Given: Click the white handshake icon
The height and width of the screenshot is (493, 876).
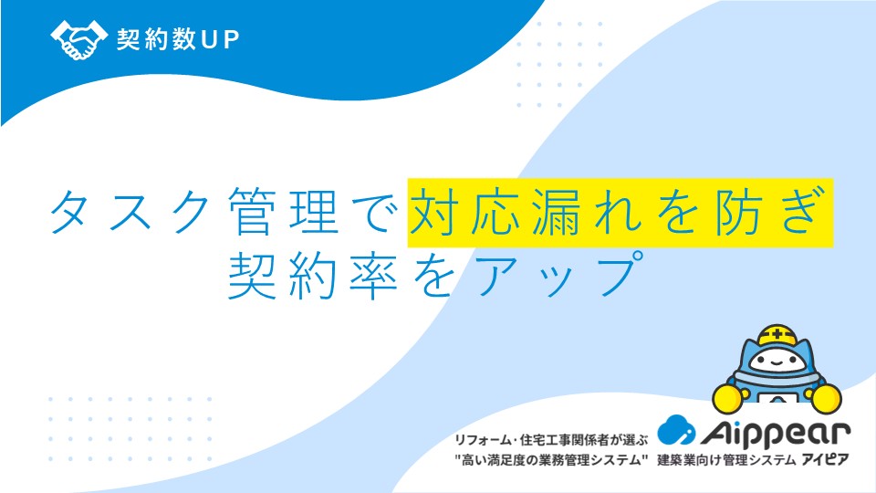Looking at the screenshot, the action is coord(78,39).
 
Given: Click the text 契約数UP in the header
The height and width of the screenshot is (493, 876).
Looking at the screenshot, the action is coord(178,39).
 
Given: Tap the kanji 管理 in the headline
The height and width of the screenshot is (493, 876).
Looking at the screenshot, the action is coord(285,212).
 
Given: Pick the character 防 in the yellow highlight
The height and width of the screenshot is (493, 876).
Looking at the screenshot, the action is coord(737,212).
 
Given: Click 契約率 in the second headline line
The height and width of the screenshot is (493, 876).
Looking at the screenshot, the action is coord(313,275).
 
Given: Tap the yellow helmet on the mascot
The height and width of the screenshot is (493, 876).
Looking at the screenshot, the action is coord(777,334).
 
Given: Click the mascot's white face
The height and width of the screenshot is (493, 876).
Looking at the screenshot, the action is coord(777,362).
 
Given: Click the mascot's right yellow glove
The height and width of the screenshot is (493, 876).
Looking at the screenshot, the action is coord(827,398).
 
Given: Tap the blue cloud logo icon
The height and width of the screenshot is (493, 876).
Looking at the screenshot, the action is coord(676,430).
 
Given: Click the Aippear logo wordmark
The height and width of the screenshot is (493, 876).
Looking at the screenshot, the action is coord(776,433).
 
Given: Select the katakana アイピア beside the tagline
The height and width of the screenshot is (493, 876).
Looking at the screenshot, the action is coord(825,460).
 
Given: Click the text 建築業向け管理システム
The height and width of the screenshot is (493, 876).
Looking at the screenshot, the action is coord(726,460).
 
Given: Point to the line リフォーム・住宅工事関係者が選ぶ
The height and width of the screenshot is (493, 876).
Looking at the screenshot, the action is coord(551,440).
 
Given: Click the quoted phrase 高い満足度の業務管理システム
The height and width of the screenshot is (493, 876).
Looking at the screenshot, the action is coord(551,460).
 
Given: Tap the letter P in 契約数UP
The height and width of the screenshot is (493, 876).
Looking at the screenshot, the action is coord(231,39).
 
